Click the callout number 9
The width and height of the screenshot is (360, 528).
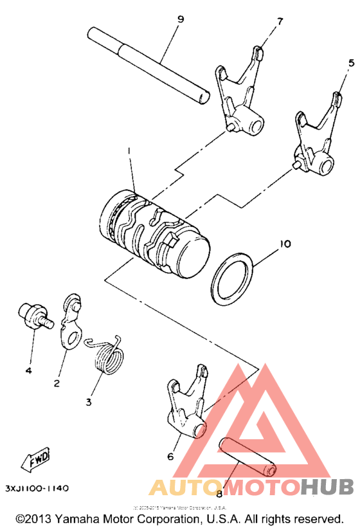181,19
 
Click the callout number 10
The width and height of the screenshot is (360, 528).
285,244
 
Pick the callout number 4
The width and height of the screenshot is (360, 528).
28,371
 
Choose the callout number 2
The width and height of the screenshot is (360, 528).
57,384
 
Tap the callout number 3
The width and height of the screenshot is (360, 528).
89,402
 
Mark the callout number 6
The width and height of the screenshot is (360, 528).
170,457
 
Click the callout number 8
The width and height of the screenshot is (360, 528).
219,494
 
